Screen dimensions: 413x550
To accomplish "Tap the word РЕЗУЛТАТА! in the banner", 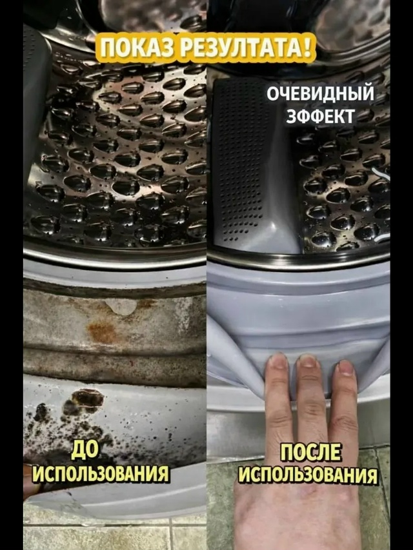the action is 243,47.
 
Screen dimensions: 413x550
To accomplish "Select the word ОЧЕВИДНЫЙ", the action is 320,94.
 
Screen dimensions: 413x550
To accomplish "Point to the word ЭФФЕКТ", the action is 319,116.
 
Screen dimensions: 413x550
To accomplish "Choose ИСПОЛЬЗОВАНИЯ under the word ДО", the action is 101,473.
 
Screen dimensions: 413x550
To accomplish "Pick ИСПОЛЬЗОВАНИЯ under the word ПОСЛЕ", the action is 308,475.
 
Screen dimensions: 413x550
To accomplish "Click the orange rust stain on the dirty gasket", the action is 102,331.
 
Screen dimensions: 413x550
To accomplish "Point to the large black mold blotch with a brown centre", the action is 86,399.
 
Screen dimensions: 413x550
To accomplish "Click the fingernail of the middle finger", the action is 308,361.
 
